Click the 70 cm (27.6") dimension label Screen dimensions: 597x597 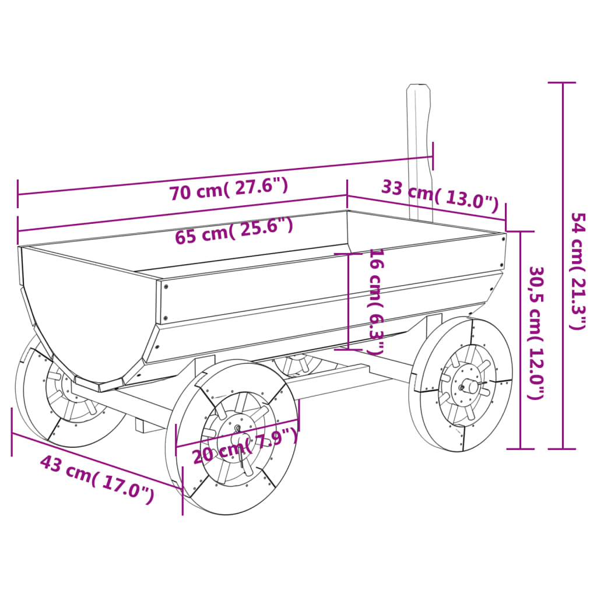tap(229, 189)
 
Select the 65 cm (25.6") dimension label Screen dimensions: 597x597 tap(234, 230)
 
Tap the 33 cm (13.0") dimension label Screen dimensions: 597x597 tap(440, 195)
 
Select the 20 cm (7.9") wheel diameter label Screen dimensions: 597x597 tap(245, 446)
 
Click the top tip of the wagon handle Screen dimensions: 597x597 tap(419, 87)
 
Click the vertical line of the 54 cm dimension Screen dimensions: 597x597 tap(563, 265)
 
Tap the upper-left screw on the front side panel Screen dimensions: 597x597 tap(166, 287)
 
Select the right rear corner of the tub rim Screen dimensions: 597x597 tap(504, 234)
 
